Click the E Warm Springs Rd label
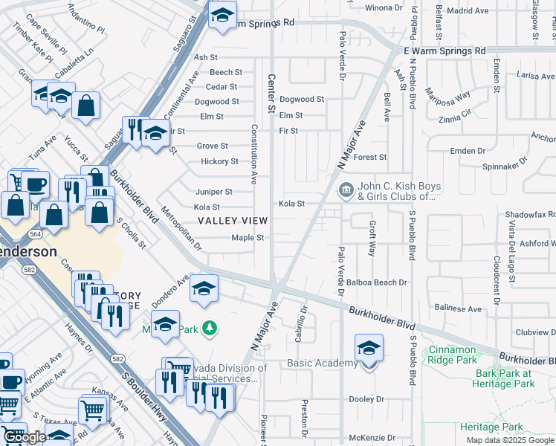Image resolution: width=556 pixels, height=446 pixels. click(x=444, y=51)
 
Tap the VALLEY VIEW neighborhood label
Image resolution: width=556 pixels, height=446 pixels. click(x=233, y=221)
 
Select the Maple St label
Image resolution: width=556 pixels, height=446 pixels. click(x=248, y=238)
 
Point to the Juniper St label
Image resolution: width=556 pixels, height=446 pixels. click(x=214, y=192)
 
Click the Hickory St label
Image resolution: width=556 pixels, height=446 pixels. click(x=219, y=161)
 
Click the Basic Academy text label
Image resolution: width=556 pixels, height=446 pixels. click(x=323, y=363)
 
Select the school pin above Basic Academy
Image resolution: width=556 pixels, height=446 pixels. click(x=369, y=349)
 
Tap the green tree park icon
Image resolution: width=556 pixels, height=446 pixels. click(x=211, y=328)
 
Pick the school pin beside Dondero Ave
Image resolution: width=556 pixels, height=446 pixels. click(x=204, y=290)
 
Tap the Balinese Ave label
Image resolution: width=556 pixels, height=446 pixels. click(x=459, y=308)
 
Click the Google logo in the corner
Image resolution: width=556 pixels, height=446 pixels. click(x=25, y=438)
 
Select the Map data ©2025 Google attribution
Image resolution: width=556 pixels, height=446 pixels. click(x=510, y=440)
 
